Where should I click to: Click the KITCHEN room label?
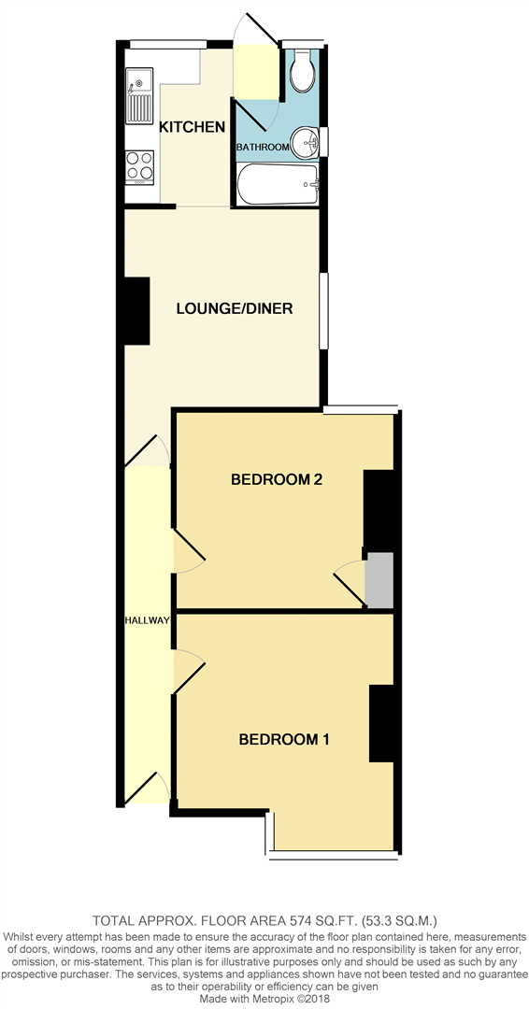coord(192,127)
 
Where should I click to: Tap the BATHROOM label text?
coord(263,148)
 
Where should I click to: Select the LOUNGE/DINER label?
coord(235,308)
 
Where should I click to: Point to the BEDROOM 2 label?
coord(277,480)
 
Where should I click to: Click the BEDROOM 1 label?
coord(284,740)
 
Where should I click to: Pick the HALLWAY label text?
coord(147,620)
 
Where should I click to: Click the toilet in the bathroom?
coord(303,70)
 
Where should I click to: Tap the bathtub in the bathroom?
coord(279,185)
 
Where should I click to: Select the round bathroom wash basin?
coord(305,143)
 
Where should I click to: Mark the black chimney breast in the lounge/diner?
coord(136,310)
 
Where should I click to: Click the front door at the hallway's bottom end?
coord(148,789)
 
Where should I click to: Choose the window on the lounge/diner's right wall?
coord(323,311)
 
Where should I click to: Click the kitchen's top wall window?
coord(167,43)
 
